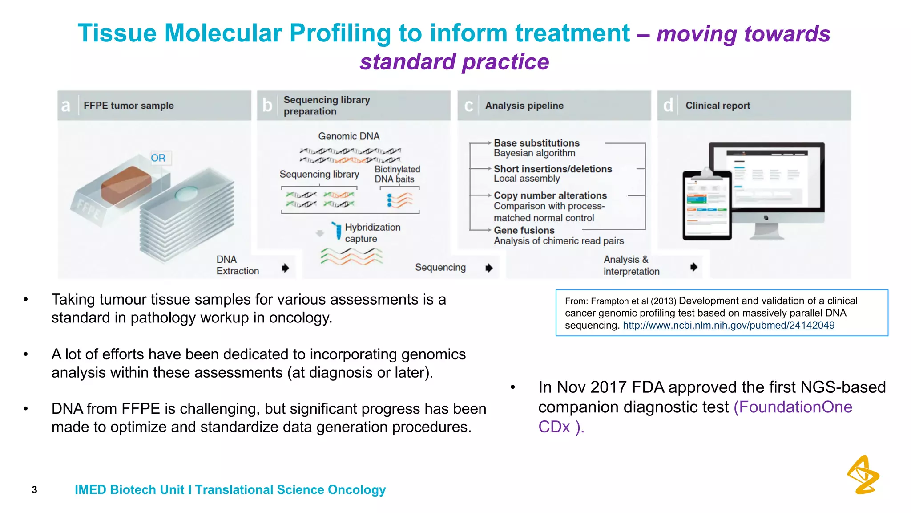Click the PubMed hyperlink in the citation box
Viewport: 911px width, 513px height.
click(x=728, y=326)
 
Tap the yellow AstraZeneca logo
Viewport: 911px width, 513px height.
click(x=863, y=475)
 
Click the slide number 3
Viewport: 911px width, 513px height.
click(x=34, y=490)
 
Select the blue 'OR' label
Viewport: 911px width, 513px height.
click(x=158, y=158)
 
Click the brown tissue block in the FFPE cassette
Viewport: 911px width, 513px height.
click(x=125, y=185)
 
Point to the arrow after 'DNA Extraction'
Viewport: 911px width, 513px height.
click(x=285, y=268)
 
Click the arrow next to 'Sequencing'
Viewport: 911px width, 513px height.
click(x=489, y=268)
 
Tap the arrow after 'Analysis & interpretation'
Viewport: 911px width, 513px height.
click(x=693, y=267)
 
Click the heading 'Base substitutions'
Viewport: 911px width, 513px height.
click(x=536, y=143)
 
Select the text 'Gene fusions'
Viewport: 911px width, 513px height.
click(x=524, y=230)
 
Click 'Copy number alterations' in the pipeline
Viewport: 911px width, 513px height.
click(x=550, y=195)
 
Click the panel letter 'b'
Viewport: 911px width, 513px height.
click(x=267, y=106)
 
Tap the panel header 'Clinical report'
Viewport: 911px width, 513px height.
click(x=717, y=106)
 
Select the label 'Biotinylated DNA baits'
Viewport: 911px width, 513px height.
click(x=397, y=174)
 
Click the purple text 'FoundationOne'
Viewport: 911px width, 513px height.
click(x=793, y=407)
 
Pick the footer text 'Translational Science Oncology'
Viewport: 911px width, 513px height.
click(x=290, y=490)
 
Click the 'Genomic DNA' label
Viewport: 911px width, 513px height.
click(x=349, y=136)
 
